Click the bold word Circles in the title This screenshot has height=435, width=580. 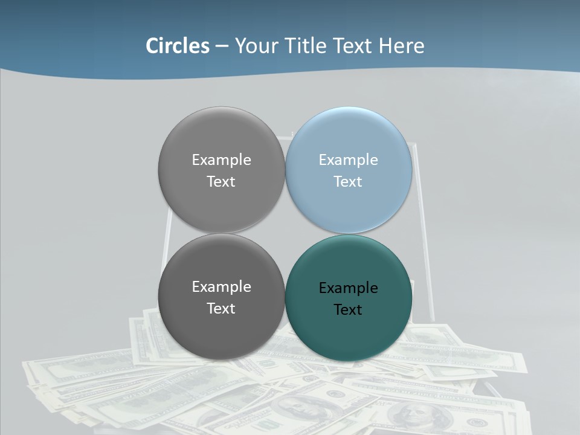pyautogui.click(x=178, y=46)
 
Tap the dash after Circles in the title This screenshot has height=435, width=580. pyautogui.click(x=222, y=47)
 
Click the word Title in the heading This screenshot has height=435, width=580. pyautogui.click(x=306, y=46)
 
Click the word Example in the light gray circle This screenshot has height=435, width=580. pyautogui.click(x=221, y=159)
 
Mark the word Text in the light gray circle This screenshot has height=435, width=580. pyautogui.click(x=221, y=181)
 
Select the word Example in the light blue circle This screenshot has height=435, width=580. pyautogui.click(x=348, y=159)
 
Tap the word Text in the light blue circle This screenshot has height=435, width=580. pyautogui.click(x=348, y=181)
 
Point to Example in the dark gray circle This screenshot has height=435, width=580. pyautogui.click(x=221, y=286)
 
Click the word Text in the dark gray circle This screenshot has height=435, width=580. pyautogui.click(x=221, y=308)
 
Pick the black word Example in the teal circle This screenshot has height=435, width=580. pyautogui.click(x=348, y=288)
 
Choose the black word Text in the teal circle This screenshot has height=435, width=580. pyautogui.click(x=348, y=309)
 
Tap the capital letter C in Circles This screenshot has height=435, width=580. pyautogui.click(x=152, y=46)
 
